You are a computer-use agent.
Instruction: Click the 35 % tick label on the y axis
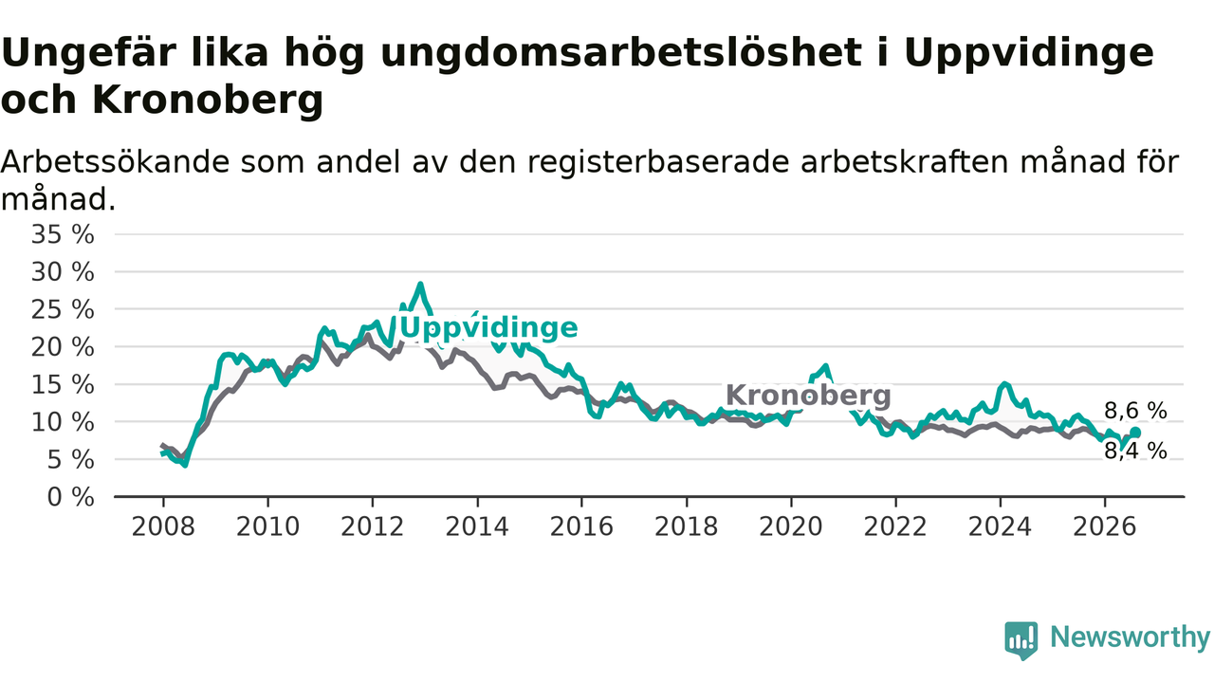click(x=63, y=234)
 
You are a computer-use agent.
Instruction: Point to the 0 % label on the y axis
click(x=70, y=497)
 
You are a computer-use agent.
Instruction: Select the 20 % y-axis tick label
click(x=63, y=347)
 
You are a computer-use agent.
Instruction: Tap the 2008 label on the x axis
click(x=163, y=526)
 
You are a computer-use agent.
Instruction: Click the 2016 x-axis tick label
click(x=581, y=526)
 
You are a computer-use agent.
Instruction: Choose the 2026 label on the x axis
click(x=1105, y=526)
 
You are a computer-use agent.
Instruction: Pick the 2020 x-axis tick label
click(x=791, y=526)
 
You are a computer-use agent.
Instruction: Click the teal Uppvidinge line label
click(x=488, y=328)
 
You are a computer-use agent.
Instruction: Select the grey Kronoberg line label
click(x=808, y=396)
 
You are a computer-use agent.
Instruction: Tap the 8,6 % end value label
click(x=1135, y=411)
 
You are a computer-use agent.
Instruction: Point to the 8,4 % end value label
click(x=1135, y=451)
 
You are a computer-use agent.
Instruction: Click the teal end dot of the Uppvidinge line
click(x=1135, y=432)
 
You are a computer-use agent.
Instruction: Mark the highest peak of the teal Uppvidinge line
click(x=420, y=284)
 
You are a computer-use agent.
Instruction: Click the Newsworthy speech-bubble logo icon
click(x=1021, y=640)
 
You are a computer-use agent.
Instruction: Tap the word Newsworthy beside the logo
click(x=1130, y=637)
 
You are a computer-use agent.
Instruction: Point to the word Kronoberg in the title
click(x=208, y=100)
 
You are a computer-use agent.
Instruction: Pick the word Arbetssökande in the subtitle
click(x=115, y=162)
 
